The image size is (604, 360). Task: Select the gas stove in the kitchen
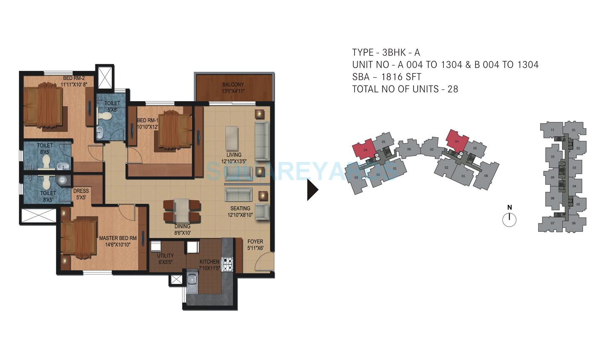[227, 263]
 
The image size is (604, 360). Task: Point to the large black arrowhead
[312, 190]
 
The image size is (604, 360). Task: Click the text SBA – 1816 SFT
[386, 77]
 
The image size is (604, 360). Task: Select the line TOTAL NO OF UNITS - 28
[405, 89]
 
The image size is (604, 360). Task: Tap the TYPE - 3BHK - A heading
[385, 52]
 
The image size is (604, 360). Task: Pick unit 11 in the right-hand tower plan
[552, 130]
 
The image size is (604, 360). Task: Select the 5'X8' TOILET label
[112, 106]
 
